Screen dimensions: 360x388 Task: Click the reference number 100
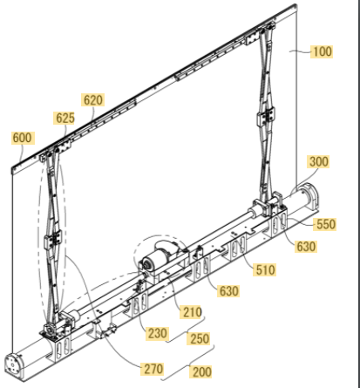point(322,51)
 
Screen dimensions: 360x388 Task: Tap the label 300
point(318,161)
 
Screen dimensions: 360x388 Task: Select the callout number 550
point(325,224)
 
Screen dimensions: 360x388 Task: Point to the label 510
point(265,269)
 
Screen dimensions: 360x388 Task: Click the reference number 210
point(192,312)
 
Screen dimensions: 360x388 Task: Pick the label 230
point(157,333)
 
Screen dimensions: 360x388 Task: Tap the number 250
point(200,338)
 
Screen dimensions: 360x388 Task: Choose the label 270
point(153,369)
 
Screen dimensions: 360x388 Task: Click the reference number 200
point(201,371)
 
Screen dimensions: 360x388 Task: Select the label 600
point(23,138)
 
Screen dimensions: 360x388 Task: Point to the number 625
point(65,118)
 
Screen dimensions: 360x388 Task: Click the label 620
point(93,100)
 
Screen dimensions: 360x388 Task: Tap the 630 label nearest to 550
point(306,247)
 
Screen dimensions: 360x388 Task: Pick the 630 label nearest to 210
point(229,291)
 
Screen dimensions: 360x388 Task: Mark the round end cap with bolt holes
point(14,364)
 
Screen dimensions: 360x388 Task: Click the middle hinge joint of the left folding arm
point(53,239)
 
